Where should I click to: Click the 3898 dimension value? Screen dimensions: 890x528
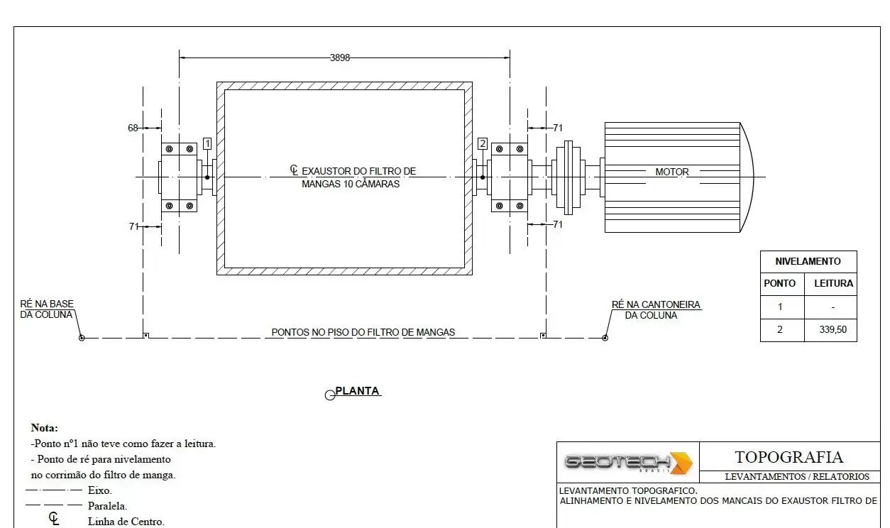[340, 57]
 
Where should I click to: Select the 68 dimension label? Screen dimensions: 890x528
[133, 128]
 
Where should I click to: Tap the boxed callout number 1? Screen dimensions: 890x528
[207, 143]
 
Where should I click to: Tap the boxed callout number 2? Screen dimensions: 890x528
[483, 143]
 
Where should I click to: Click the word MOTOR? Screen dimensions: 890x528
[672, 172]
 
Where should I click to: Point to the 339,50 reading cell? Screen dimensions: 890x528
[833, 329]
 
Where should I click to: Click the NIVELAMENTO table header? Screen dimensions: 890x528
[808, 261]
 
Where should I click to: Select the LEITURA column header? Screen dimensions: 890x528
[834, 283]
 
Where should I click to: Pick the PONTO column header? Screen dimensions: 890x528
[779, 283]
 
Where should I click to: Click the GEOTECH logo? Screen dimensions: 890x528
[629, 463]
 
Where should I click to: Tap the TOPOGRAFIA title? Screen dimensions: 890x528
[789, 457]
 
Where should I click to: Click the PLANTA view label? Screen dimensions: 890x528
[357, 391]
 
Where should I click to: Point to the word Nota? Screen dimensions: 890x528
[45, 428]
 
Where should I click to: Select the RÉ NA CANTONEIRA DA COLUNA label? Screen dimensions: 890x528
[656, 310]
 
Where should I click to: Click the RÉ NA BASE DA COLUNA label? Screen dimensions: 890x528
[47, 309]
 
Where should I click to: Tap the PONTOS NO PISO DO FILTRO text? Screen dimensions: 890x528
[363, 332]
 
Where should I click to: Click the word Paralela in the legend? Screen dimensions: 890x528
[107, 506]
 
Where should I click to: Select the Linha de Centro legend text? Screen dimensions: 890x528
[126, 521]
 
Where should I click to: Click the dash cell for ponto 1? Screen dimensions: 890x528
[833, 307]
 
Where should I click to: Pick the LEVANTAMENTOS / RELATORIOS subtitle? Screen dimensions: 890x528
[797, 476]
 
